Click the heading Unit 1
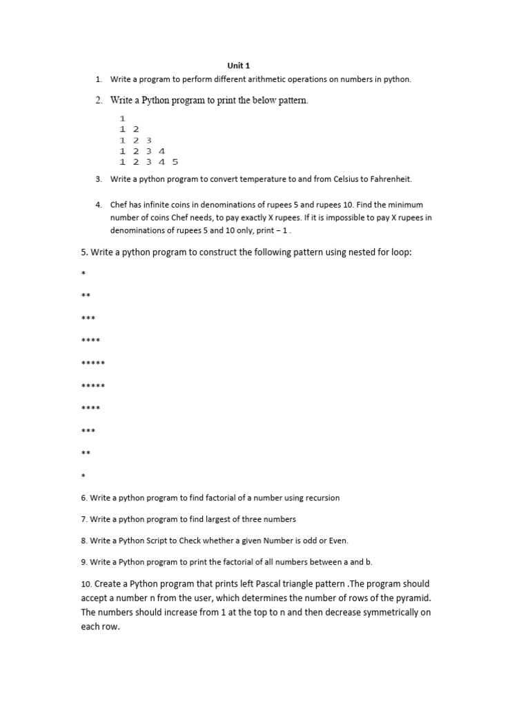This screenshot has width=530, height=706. (239, 65)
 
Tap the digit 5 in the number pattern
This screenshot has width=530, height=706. (175, 162)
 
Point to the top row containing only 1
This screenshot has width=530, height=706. (122, 119)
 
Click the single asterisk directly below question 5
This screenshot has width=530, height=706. (84, 275)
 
